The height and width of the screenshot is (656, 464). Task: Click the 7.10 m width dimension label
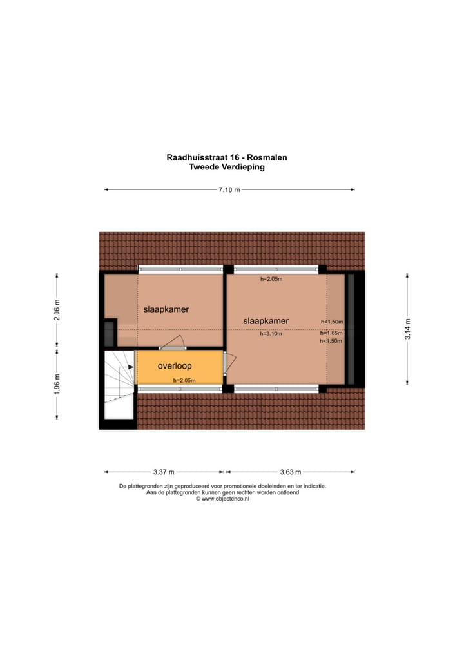(x=229, y=189)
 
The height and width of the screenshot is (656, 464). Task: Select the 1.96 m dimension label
(x=57, y=385)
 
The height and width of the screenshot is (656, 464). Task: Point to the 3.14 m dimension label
(x=407, y=328)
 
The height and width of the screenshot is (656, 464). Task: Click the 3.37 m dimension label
(x=164, y=472)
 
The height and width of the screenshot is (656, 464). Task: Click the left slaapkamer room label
(x=166, y=309)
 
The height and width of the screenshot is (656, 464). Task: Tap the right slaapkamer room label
(x=266, y=321)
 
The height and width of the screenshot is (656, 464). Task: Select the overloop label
(x=175, y=366)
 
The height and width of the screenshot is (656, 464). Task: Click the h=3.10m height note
(x=272, y=334)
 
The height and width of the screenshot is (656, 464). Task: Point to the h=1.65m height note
(x=332, y=333)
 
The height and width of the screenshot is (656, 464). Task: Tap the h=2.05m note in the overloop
(x=184, y=380)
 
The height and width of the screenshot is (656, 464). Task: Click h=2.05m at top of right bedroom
(x=272, y=280)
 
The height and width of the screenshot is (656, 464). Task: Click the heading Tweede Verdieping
(x=227, y=167)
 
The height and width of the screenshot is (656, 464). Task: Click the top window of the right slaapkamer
(x=276, y=269)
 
